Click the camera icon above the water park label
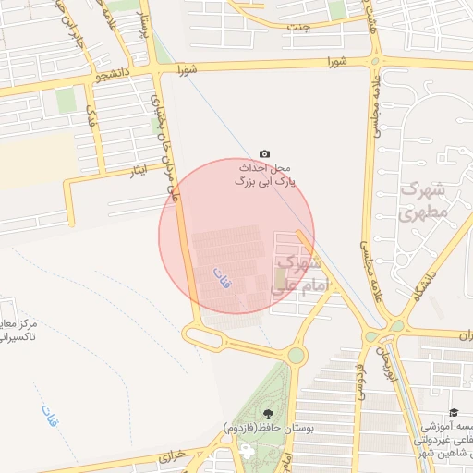265,153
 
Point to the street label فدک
90,117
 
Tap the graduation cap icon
454,412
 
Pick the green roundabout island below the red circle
295,355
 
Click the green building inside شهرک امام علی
280,277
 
